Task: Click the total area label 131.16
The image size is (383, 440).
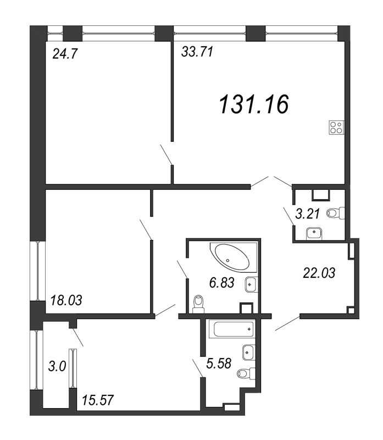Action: click(x=254, y=103)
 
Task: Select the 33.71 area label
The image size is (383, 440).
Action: click(x=197, y=53)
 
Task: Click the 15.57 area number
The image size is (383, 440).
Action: click(x=98, y=399)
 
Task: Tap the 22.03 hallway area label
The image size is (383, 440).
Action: click(x=318, y=271)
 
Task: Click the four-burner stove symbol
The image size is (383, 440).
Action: click(x=336, y=128)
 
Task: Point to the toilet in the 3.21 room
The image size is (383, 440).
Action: click(x=335, y=213)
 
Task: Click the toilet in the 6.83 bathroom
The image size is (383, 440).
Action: click(x=199, y=302)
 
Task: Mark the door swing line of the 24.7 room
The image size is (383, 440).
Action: click(x=166, y=154)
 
